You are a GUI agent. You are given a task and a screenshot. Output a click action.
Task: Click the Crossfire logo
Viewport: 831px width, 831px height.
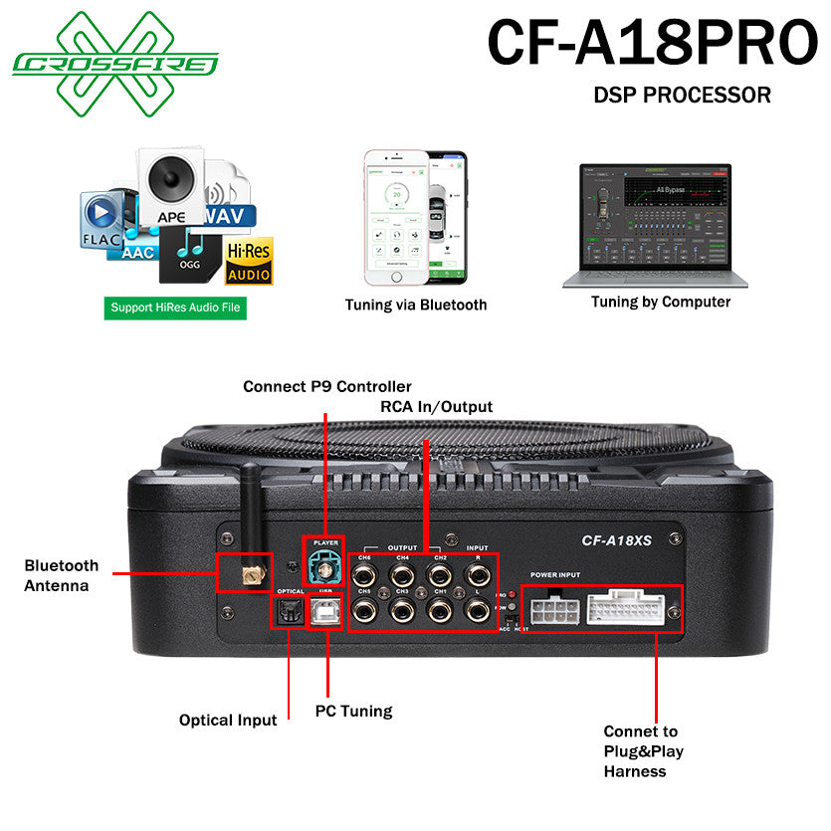[x=115, y=63]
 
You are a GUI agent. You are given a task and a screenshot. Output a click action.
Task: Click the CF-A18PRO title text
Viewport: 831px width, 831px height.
[x=652, y=44]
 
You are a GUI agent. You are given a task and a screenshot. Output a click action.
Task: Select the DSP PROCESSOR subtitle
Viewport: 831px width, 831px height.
[x=682, y=96]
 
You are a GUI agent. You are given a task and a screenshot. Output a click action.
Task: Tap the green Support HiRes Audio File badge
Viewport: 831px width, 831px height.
[x=175, y=308]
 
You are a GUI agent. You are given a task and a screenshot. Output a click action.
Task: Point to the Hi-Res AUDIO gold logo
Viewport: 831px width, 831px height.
[x=249, y=261]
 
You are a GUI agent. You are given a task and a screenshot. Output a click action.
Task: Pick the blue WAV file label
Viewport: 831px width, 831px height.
[x=230, y=216]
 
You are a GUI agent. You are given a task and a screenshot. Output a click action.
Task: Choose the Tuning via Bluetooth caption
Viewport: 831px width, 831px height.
[x=416, y=305]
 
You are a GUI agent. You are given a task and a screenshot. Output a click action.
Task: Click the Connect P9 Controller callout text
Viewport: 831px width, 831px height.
[x=327, y=386]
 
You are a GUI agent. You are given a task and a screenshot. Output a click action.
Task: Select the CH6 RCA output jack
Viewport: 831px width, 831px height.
[x=365, y=573]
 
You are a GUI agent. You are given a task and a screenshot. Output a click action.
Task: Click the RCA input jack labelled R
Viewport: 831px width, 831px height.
[x=477, y=574]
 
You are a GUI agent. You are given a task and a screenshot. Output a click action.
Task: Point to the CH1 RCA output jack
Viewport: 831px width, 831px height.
[x=439, y=609]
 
